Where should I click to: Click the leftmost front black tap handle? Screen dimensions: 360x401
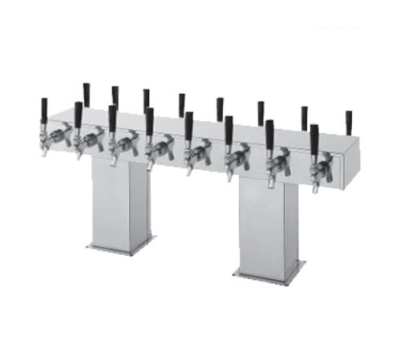(44, 107)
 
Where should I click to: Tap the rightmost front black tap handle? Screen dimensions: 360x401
(314, 134)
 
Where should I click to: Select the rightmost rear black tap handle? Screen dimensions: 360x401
(349, 121)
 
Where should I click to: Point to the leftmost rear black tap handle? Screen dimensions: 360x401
(86, 92)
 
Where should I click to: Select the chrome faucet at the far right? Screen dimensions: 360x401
(322, 169)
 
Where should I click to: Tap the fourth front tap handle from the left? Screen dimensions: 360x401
(149, 119)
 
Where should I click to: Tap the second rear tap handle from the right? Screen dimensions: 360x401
(305, 116)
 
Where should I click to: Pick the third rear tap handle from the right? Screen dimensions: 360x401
(261, 111)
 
